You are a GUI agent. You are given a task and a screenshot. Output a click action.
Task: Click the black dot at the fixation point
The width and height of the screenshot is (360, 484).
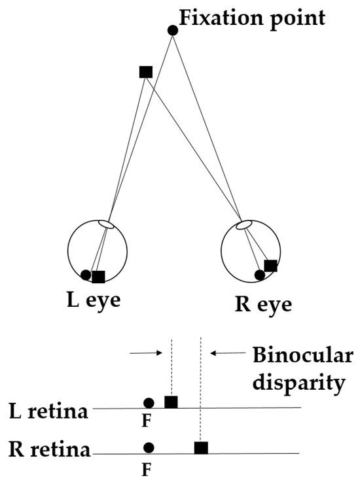[173, 30]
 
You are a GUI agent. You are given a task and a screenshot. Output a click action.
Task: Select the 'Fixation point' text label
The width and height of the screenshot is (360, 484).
[252, 17]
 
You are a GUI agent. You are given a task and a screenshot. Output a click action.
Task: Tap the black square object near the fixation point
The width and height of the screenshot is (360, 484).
[146, 72]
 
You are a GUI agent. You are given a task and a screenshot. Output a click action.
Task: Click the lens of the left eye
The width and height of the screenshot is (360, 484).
[106, 224]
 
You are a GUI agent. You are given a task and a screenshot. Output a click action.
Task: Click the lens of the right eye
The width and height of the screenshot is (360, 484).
[243, 225]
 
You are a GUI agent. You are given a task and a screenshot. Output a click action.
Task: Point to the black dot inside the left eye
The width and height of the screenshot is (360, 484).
[86, 275]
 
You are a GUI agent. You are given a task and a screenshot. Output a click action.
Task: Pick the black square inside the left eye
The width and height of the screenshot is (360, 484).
[98, 277]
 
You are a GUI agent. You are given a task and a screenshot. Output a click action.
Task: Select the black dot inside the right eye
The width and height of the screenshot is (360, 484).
[259, 275]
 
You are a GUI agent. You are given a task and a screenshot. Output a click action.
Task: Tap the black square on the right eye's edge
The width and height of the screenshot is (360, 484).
[270, 265]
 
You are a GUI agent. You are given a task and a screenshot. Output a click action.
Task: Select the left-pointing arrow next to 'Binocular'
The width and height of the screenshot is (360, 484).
[226, 353]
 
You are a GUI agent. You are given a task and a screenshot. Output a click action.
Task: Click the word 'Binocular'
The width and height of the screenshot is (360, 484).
[302, 356]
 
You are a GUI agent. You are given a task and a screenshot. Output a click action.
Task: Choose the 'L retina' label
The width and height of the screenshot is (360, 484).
[50, 412]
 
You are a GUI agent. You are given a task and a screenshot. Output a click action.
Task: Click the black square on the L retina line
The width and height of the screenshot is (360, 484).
[171, 402]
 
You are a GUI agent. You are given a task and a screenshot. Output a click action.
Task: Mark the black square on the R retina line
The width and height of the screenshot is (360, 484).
[201, 447]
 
